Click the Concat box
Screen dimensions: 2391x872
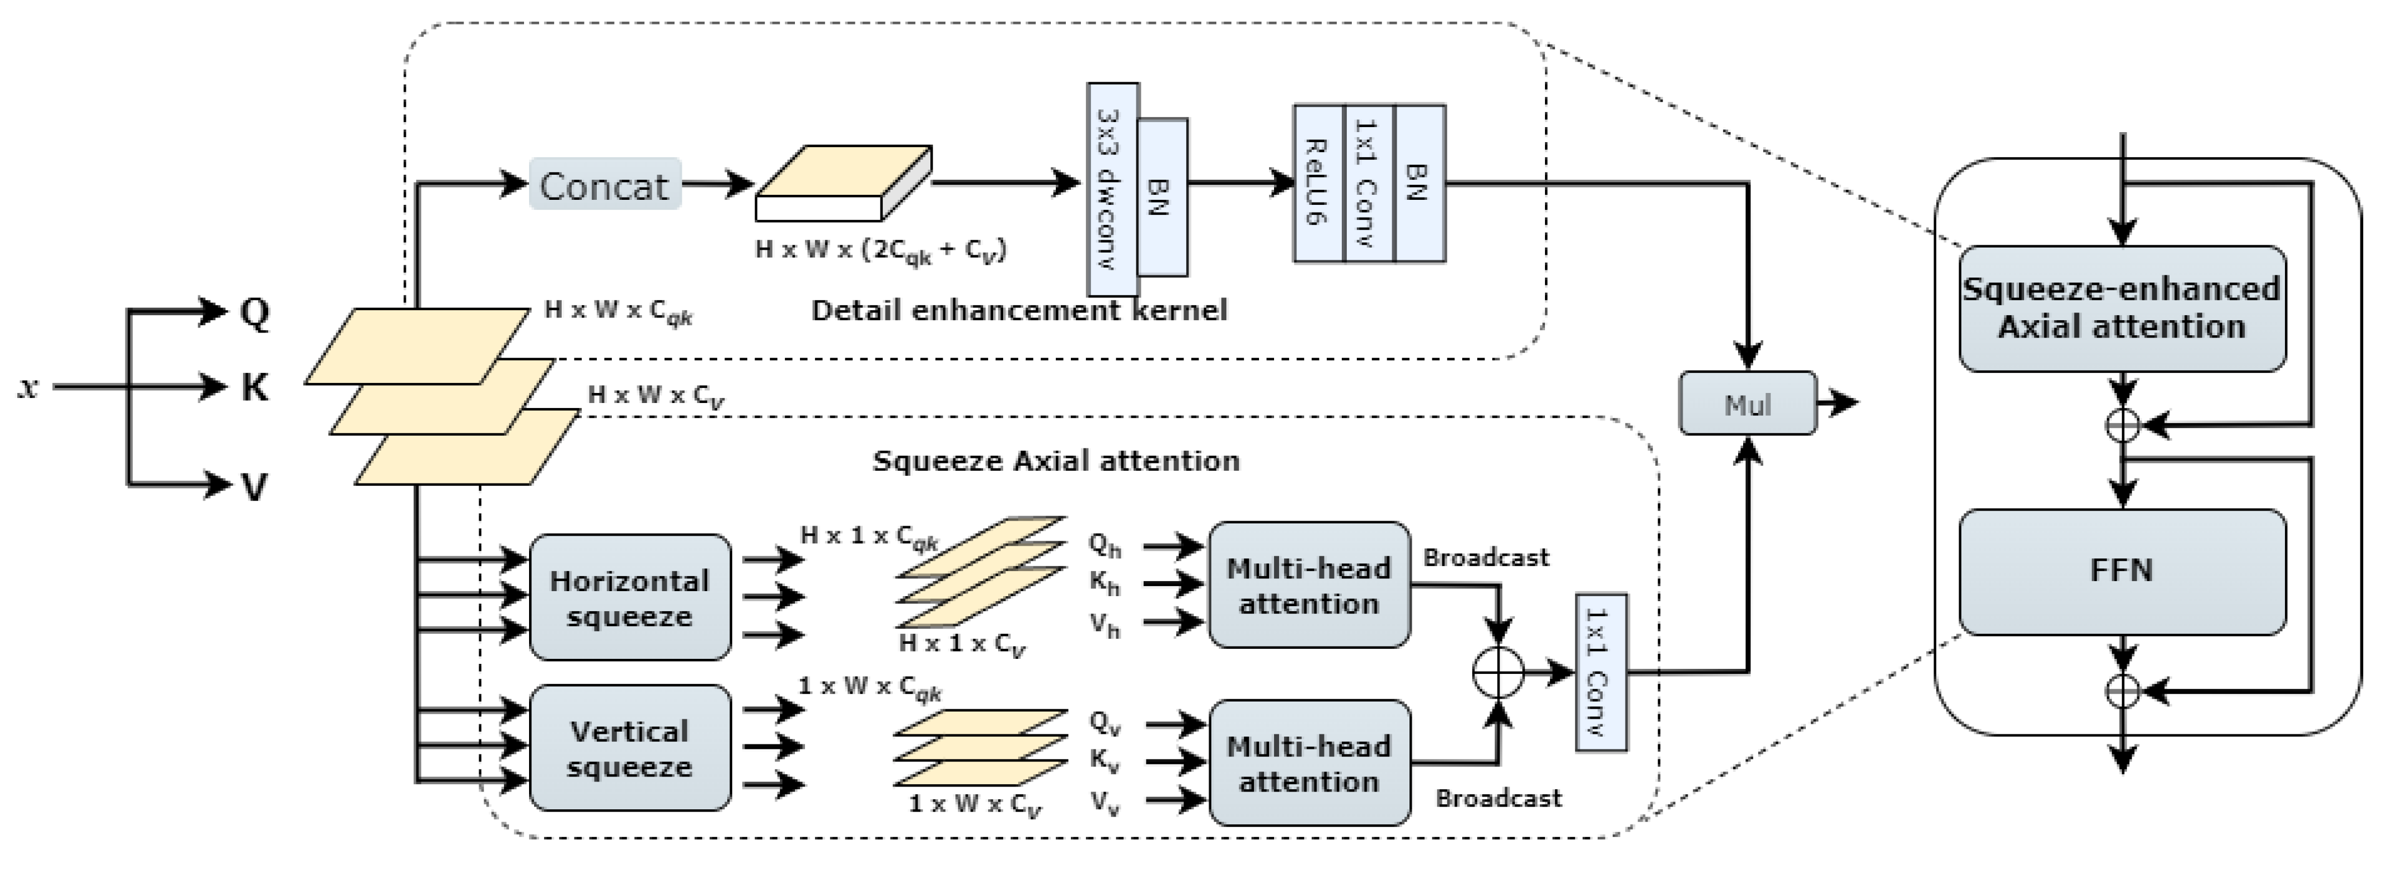pos(604,184)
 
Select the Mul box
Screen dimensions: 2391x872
pos(1748,404)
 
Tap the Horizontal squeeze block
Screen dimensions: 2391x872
pos(630,597)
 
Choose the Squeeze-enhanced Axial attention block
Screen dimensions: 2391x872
pos(2122,308)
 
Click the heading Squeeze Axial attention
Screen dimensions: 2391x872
pos(1056,461)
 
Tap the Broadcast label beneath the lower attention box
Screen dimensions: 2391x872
pos(1498,798)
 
